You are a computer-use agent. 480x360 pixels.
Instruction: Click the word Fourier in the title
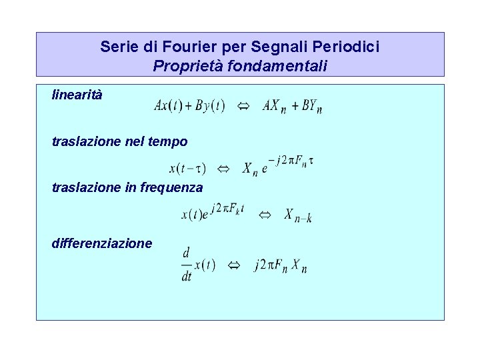[175, 47]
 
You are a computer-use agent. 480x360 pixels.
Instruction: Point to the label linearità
[77, 95]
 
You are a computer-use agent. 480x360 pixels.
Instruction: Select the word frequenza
[171, 188]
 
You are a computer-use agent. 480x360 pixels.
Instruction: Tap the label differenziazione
[102, 243]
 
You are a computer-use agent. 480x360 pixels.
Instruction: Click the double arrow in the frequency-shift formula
[264, 214]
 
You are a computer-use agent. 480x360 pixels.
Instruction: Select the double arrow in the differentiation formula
[233, 265]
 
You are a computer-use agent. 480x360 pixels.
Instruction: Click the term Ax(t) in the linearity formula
[168, 106]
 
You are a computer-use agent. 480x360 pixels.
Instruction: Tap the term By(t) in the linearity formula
[209, 106]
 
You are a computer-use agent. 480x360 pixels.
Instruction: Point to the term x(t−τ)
[187, 169]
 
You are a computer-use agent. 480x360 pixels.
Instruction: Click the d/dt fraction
[186, 264]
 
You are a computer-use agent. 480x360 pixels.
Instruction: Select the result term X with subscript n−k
[297, 215]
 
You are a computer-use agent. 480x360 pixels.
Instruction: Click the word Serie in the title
[116, 47]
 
